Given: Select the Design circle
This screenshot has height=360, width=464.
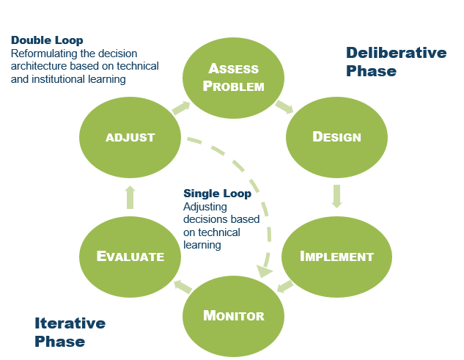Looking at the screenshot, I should tap(336, 137).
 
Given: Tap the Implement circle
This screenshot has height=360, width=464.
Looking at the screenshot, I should tap(336, 256).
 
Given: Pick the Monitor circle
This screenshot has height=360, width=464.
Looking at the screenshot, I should tap(233, 316).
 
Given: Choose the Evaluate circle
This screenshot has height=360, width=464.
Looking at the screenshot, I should tap(130, 256).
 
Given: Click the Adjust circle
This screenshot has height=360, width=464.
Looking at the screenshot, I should tap(130, 137).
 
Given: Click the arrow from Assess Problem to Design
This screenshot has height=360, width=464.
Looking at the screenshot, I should tap(284, 107).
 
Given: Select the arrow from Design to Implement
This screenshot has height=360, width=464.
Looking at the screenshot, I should tap(336, 196).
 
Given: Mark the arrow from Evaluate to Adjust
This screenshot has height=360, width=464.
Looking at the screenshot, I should tap(130, 196).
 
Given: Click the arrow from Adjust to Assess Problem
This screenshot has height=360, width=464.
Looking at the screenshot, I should tap(180, 108).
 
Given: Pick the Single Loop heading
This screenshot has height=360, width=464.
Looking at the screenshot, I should tap(217, 194).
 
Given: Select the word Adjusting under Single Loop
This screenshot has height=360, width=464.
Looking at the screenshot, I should tap(205, 207).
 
